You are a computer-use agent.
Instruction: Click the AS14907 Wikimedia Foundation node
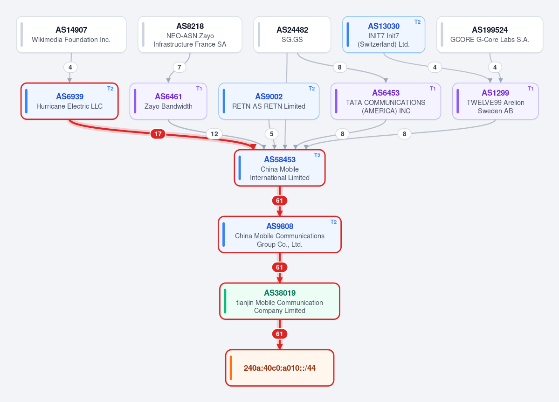click(71, 35)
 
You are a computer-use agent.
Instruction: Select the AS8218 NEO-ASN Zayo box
click(190, 35)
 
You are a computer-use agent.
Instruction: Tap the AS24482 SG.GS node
click(292, 35)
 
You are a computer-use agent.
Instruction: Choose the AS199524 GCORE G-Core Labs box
click(490, 35)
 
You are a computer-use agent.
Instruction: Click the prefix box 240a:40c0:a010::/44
click(280, 368)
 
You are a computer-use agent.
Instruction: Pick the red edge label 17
click(158, 134)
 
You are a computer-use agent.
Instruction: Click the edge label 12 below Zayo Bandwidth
click(214, 134)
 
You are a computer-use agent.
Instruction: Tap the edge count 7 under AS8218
click(179, 67)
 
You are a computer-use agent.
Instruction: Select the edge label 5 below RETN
click(272, 134)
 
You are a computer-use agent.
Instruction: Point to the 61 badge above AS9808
click(280, 201)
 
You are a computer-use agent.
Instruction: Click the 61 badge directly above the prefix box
click(280, 334)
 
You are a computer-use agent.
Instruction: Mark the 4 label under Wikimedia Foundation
click(70, 67)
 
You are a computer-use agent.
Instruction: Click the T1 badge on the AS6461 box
click(199, 89)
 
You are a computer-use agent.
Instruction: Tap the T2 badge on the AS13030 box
click(417, 22)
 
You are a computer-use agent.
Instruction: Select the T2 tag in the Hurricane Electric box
click(110, 89)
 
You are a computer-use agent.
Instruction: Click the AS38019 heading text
click(280, 293)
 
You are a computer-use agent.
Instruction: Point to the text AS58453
click(280, 159)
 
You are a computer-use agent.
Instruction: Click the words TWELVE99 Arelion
click(496, 103)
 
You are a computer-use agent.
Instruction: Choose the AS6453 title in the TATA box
click(386, 93)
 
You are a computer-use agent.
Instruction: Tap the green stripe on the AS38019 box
click(225, 301)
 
